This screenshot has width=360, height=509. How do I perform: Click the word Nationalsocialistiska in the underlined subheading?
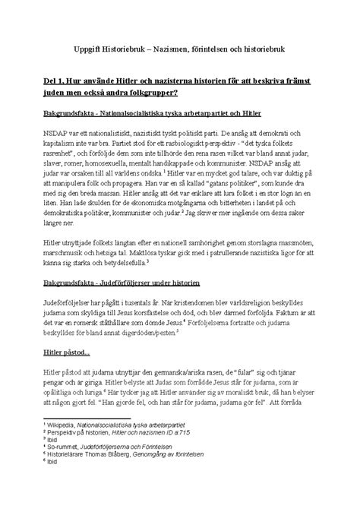click(x=163, y=115)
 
